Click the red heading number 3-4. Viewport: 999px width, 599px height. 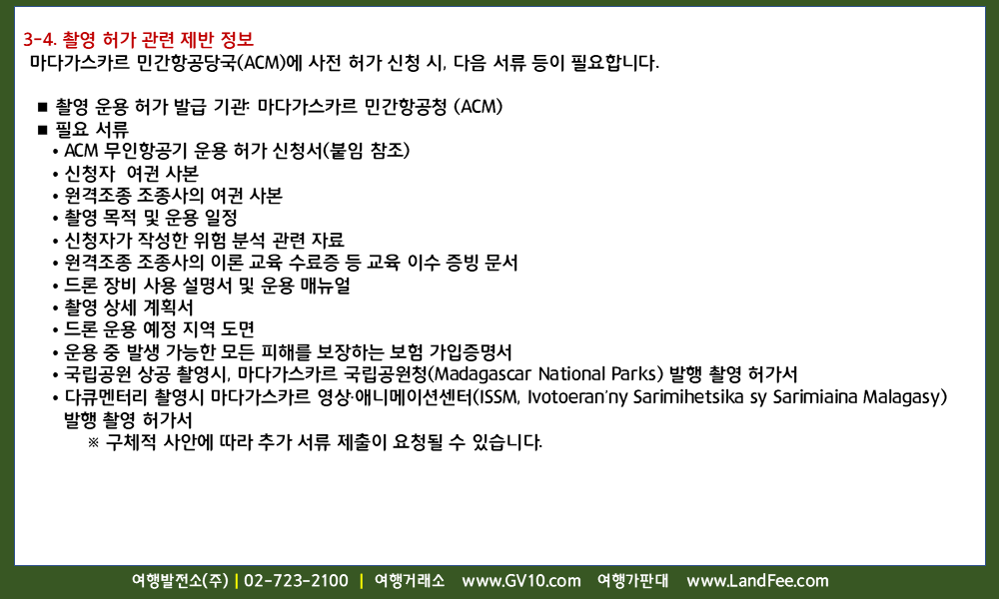tap(40, 40)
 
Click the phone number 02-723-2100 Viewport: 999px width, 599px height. tap(297, 581)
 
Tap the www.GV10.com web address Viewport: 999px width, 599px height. tap(521, 581)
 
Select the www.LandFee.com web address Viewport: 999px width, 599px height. tap(757, 581)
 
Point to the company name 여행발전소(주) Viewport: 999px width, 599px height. tap(180, 581)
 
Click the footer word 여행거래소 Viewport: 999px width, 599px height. tap(409, 581)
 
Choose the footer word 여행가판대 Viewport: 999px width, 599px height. tap(632, 581)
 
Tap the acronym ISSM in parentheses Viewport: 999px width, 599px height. tap(499, 396)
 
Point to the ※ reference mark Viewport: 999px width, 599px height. tap(94, 442)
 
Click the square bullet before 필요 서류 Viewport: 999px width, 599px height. tap(43, 130)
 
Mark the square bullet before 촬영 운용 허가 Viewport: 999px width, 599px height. tap(43, 107)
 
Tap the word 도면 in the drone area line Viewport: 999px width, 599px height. tap(238, 329)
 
